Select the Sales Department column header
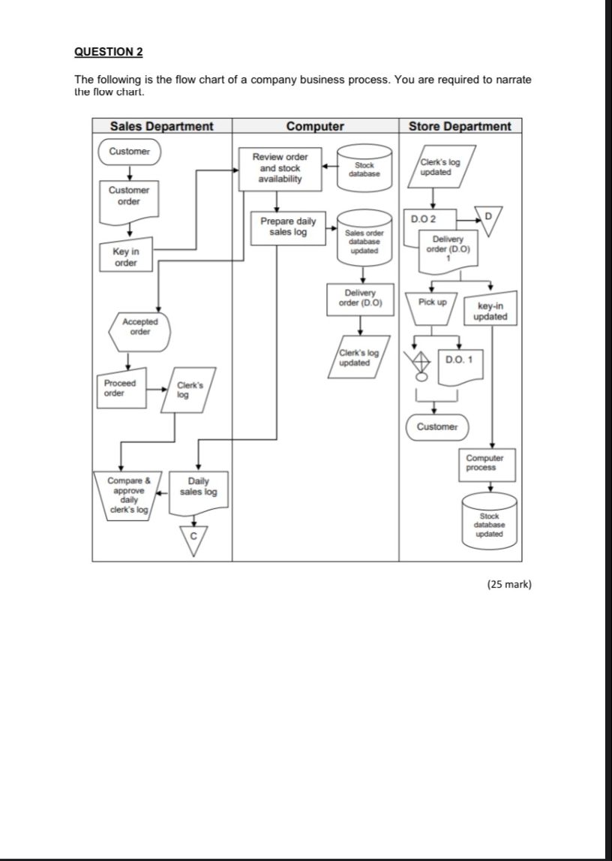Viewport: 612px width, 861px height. [161, 127]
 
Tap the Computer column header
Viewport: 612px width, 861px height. [315, 127]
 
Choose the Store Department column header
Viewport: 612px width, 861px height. [460, 127]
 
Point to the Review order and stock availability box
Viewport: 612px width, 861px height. [280, 168]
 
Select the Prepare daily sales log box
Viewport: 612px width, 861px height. [288, 226]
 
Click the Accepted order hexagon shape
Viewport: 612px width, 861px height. [139, 327]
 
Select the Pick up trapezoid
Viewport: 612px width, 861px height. [432, 306]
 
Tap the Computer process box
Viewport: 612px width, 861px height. [485, 462]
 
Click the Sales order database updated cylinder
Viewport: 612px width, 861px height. [364, 242]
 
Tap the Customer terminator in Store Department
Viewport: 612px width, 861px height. [437, 426]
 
